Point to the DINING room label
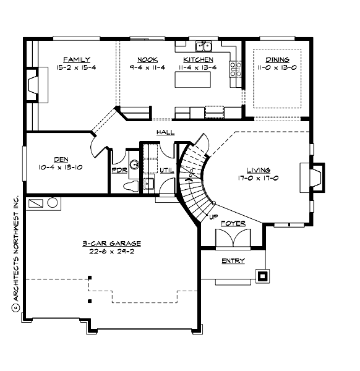tap(277, 60)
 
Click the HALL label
tap(165, 132)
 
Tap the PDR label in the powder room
tap(119, 170)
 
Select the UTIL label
tap(166, 170)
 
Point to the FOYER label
tap(234, 223)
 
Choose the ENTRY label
tap(233, 260)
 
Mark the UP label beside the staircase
tap(212, 216)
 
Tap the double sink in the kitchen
tap(203, 46)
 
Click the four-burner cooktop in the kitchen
tap(236, 68)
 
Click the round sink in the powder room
tap(131, 165)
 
